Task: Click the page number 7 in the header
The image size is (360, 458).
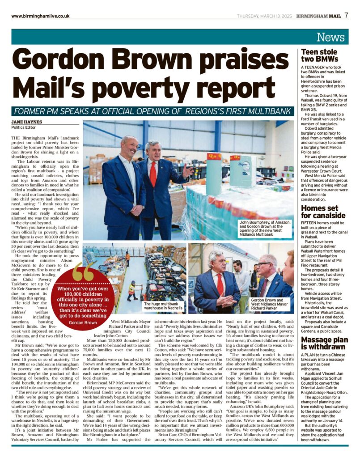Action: [346, 15]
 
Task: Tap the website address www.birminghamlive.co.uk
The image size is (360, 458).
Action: [40, 16]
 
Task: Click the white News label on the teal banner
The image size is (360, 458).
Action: [332, 37]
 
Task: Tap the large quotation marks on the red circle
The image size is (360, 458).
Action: [84, 271]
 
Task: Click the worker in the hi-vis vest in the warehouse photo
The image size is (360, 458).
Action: [132, 289]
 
